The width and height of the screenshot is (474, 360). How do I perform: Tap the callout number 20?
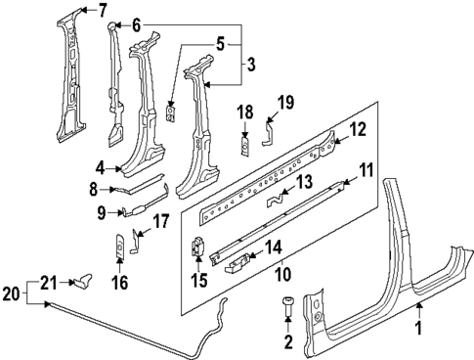point(10,292)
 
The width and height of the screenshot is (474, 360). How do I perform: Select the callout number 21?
point(47,283)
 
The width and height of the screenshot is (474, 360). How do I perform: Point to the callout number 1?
point(420,329)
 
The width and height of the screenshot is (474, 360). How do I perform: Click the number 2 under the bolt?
point(287,340)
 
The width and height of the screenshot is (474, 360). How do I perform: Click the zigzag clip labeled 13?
point(281,200)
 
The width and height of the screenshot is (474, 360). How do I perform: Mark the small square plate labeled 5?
point(171,115)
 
